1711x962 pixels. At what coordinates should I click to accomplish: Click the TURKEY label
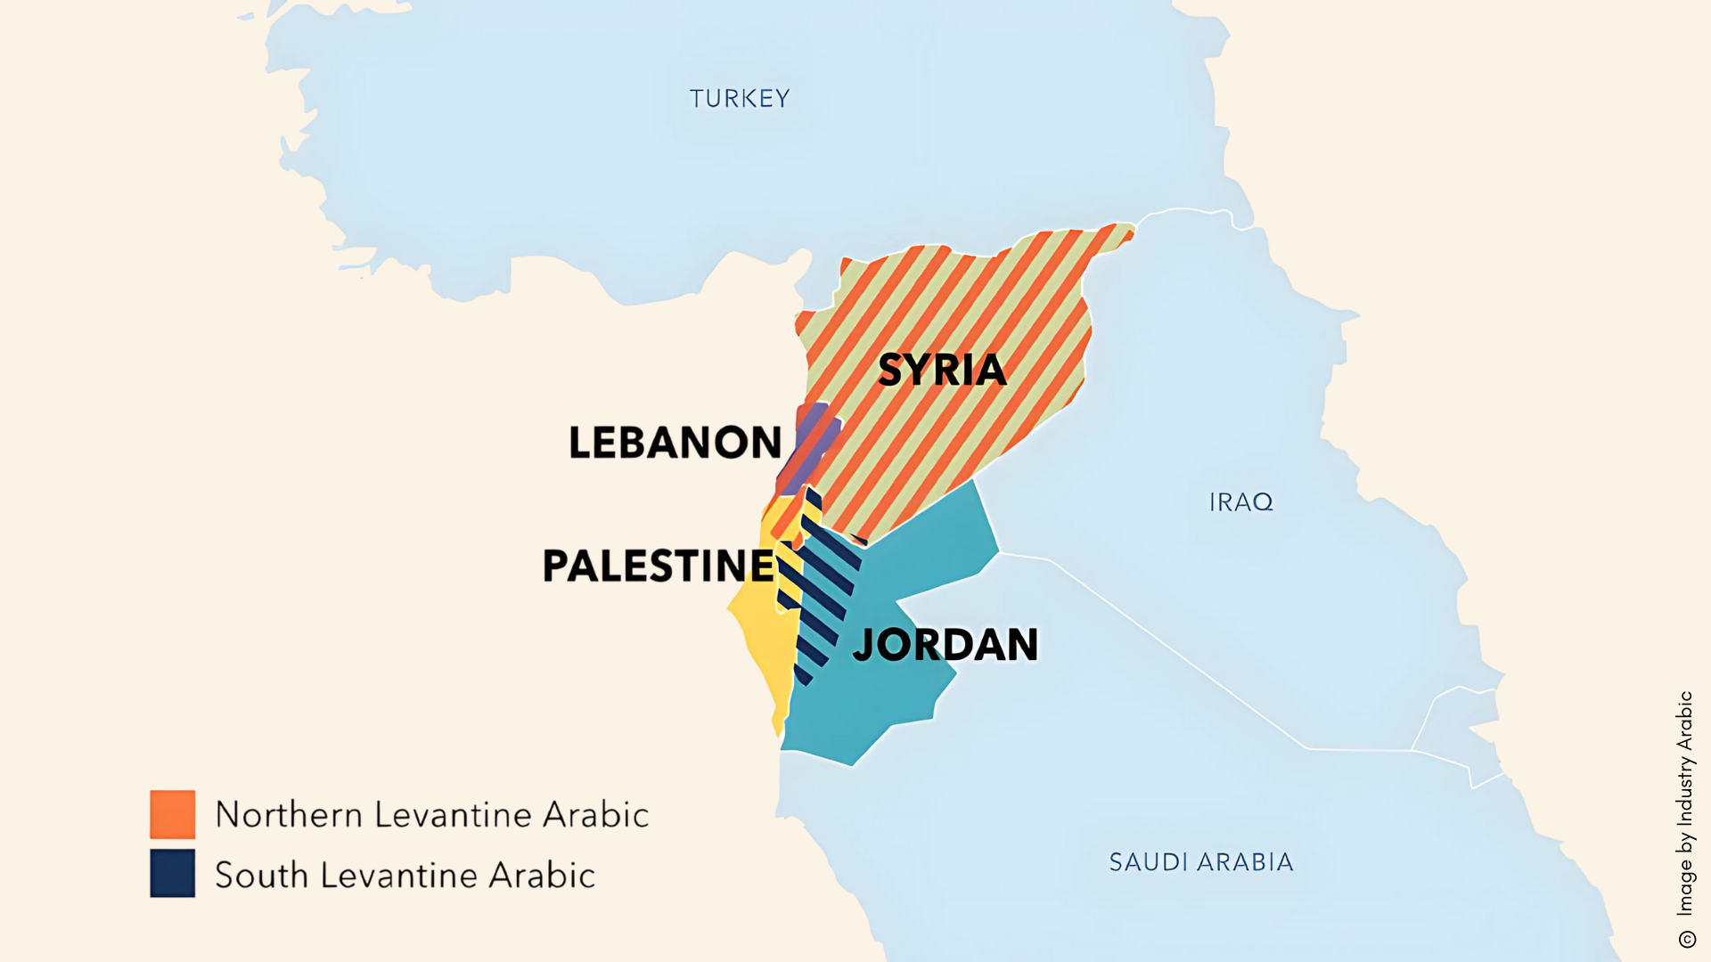pyautogui.click(x=739, y=98)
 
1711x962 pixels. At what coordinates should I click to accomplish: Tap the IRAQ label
pyautogui.click(x=1240, y=502)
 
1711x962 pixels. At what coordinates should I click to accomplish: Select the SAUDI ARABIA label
pyautogui.click(x=1200, y=862)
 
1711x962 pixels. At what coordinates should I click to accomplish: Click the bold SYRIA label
pyautogui.click(x=942, y=370)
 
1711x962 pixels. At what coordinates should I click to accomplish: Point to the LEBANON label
pyautogui.click(x=675, y=443)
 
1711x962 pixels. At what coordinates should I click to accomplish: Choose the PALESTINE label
pyautogui.click(x=659, y=566)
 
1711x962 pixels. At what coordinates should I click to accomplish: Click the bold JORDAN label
pyautogui.click(x=946, y=645)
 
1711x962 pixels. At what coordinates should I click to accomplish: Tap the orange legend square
pyautogui.click(x=172, y=814)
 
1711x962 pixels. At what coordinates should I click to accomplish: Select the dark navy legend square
pyautogui.click(x=172, y=873)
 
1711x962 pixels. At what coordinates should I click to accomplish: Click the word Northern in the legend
pyautogui.click(x=289, y=815)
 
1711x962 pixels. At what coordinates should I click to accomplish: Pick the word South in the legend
pyautogui.click(x=261, y=875)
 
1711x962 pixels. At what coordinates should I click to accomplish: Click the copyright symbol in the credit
pyautogui.click(x=1686, y=939)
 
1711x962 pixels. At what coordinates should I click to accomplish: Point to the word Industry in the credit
pyautogui.click(x=1684, y=792)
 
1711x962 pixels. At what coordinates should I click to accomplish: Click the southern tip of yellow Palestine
pyautogui.click(x=780, y=730)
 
